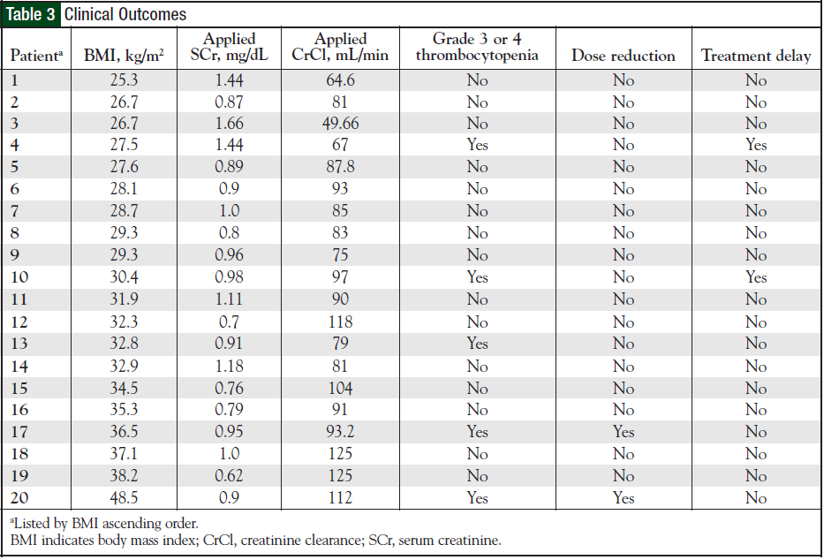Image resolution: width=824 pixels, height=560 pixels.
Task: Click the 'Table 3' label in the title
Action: pyautogui.click(x=32, y=15)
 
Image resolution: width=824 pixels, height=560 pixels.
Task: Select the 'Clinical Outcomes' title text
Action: pyautogui.click(x=125, y=15)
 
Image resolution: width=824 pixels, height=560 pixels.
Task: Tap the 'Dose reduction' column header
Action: pyautogui.click(x=624, y=56)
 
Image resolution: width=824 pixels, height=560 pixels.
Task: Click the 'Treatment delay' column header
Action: pyautogui.click(x=756, y=56)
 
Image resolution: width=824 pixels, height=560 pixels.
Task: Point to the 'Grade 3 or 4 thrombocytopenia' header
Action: pyautogui.click(x=478, y=47)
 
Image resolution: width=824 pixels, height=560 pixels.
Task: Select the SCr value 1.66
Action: pyautogui.click(x=230, y=123)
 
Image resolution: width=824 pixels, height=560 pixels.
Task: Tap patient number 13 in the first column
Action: pyautogui.click(x=19, y=344)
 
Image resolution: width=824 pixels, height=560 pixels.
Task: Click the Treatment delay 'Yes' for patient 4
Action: pyautogui.click(x=756, y=145)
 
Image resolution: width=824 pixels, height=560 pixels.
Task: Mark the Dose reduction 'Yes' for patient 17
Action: pyautogui.click(x=624, y=432)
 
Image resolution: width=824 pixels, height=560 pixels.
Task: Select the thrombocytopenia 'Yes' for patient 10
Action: pyautogui.click(x=478, y=277)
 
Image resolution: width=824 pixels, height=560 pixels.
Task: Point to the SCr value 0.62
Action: pyautogui.click(x=230, y=476)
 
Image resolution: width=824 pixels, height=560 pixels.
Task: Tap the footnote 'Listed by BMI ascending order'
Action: pyautogui.click(x=102, y=524)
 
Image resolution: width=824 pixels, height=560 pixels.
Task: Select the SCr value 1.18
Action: pyautogui.click(x=230, y=366)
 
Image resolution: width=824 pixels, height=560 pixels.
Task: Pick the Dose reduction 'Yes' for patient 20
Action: pyautogui.click(x=624, y=498)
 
